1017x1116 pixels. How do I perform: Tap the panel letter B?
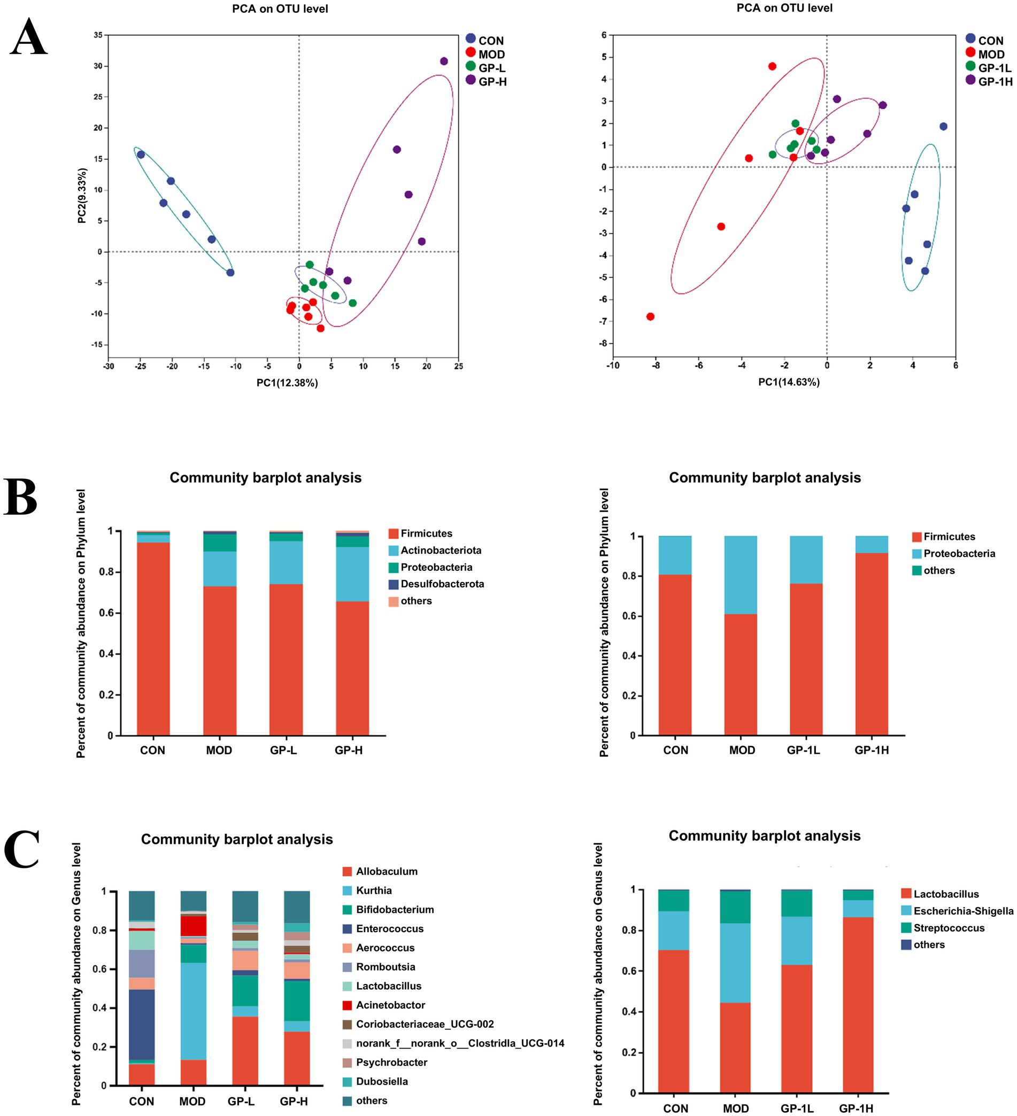click(x=21, y=497)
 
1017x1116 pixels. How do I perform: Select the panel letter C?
click(x=22, y=848)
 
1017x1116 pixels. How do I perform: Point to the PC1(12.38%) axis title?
click(x=287, y=383)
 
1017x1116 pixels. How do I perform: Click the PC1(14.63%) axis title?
click(x=788, y=382)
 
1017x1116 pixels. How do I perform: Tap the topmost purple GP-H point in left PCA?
click(x=444, y=61)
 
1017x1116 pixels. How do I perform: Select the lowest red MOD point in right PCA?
click(x=650, y=316)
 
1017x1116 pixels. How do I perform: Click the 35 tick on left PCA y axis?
click(x=98, y=35)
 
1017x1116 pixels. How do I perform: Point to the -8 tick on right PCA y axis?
click(x=603, y=343)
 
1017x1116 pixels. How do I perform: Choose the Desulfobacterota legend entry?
click(x=442, y=584)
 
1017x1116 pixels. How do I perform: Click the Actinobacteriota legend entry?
click(x=441, y=551)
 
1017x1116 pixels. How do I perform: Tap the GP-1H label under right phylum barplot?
click(x=871, y=750)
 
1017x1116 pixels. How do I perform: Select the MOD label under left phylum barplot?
click(x=219, y=750)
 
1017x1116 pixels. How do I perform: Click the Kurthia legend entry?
click(x=373, y=890)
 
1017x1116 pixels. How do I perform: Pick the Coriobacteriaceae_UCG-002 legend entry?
click(x=425, y=1024)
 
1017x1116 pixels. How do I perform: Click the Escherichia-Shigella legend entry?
click(x=962, y=911)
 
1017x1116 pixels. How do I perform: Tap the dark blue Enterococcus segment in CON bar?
click(x=142, y=1024)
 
